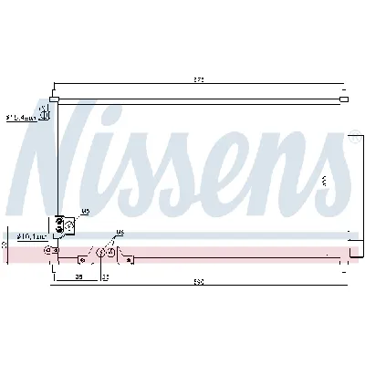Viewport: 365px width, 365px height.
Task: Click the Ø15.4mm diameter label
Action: pyautogui.click(x=20, y=118)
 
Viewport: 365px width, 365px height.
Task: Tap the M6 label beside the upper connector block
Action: pyautogui.click(x=85, y=212)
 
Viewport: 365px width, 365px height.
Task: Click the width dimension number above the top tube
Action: pyautogui.click(x=199, y=81)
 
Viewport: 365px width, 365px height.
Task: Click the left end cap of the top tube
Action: pyautogui.click(x=55, y=99)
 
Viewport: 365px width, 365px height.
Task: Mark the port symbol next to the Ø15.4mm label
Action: pyautogui.click(x=45, y=115)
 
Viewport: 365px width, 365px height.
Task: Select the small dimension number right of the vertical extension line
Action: pyautogui.click(x=105, y=275)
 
